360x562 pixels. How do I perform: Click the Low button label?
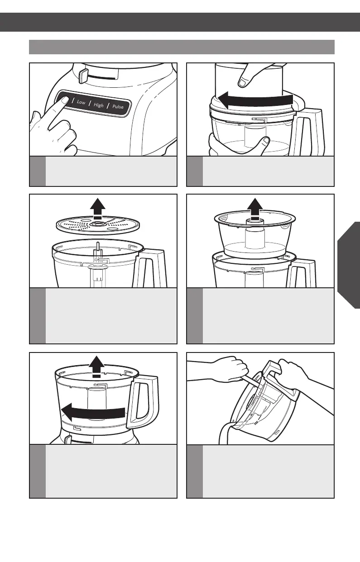pyautogui.click(x=81, y=102)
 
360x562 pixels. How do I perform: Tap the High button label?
pyautogui.click(x=98, y=105)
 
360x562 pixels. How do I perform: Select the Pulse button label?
pyautogui.click(x=118, y=107)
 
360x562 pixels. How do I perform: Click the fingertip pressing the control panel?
pyautogui.click(x=64, y=100)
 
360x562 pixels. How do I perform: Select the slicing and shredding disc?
pyautogui.click(x=98, y=225)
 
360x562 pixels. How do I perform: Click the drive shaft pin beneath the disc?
pyautogui.click(x=98, y=247)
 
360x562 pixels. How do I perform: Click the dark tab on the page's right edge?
pyautogui.click(x=349, y=265)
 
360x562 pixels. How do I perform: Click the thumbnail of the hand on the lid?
pyautogui.click(x=243, y=82)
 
